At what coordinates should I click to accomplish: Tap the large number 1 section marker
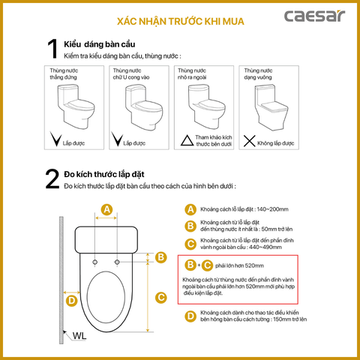click(x=52, y=49)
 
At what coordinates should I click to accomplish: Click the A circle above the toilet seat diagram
click(x=107, y=209)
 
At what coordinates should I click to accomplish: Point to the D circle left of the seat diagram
click(x=71, y=301)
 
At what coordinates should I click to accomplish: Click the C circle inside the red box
click(x=207, y=265)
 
